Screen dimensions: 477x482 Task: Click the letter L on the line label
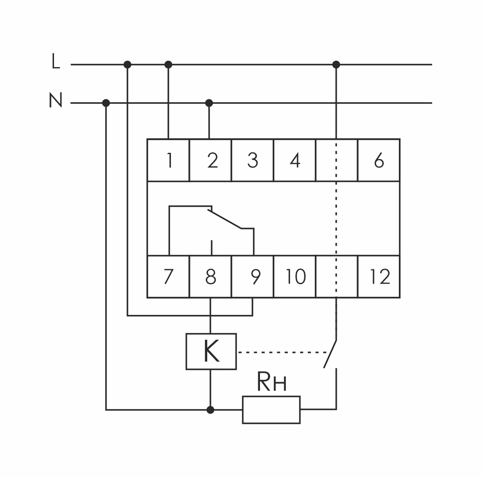coord(55,61)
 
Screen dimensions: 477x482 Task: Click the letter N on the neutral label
coord(56,100)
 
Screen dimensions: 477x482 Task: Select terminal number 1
coord(169,161)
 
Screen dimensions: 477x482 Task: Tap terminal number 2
coord(212,161)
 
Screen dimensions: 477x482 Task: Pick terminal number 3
coord(252,161)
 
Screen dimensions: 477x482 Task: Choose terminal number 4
coord(295,161)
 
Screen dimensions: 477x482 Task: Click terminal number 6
coord(379,161)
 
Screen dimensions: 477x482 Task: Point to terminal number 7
coord(168,277)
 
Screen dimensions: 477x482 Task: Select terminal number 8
coord(211,277)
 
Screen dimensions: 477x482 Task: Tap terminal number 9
coord(255,277)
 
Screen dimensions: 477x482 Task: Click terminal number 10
coord(295,277)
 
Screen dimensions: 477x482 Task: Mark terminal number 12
coord(380,277)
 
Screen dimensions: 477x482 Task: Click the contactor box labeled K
coord(211,352)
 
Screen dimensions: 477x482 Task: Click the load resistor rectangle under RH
coord(271,409)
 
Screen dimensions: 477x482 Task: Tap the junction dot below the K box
coord(211,409)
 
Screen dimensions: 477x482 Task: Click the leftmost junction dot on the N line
coord(106,103)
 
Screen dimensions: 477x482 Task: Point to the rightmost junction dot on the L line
coord(336,65)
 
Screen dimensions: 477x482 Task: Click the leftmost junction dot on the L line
coord(127,65)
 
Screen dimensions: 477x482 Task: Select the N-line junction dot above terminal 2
coord(209,103)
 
